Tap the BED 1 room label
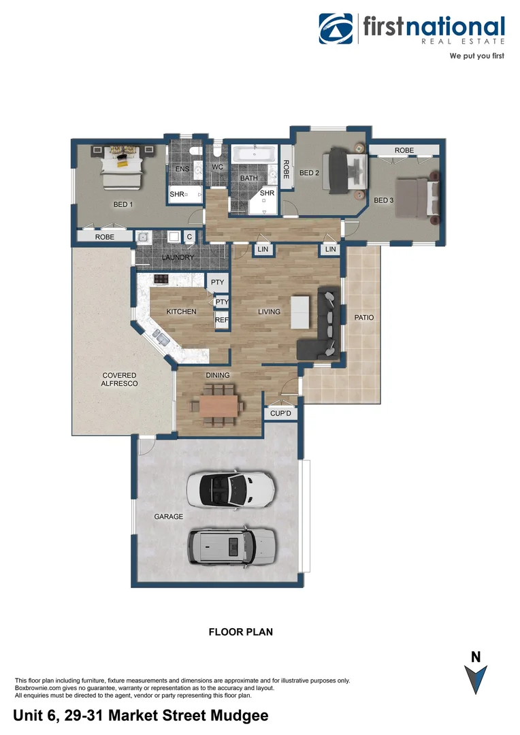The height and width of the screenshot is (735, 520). point(123,204)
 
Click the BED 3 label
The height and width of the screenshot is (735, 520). point(384,200)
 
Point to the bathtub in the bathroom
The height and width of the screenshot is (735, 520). point(254,154)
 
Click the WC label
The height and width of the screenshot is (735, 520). point(218,167)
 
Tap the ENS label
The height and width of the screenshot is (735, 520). point(182,169)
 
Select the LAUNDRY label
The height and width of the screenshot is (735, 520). point(178,257)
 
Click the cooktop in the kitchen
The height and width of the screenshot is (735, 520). point(161,278)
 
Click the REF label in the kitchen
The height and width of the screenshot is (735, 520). point(221,320)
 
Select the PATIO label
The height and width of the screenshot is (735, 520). point(363,318)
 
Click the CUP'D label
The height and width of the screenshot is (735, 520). point(280,413)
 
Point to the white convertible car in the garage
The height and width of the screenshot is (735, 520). point(231,488)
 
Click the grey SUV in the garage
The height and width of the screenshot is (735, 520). point(231,544)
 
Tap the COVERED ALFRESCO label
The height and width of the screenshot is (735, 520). point(119,380)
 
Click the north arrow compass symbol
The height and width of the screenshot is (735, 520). point(476,679)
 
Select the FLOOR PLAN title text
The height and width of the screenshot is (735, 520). point(240,632)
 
